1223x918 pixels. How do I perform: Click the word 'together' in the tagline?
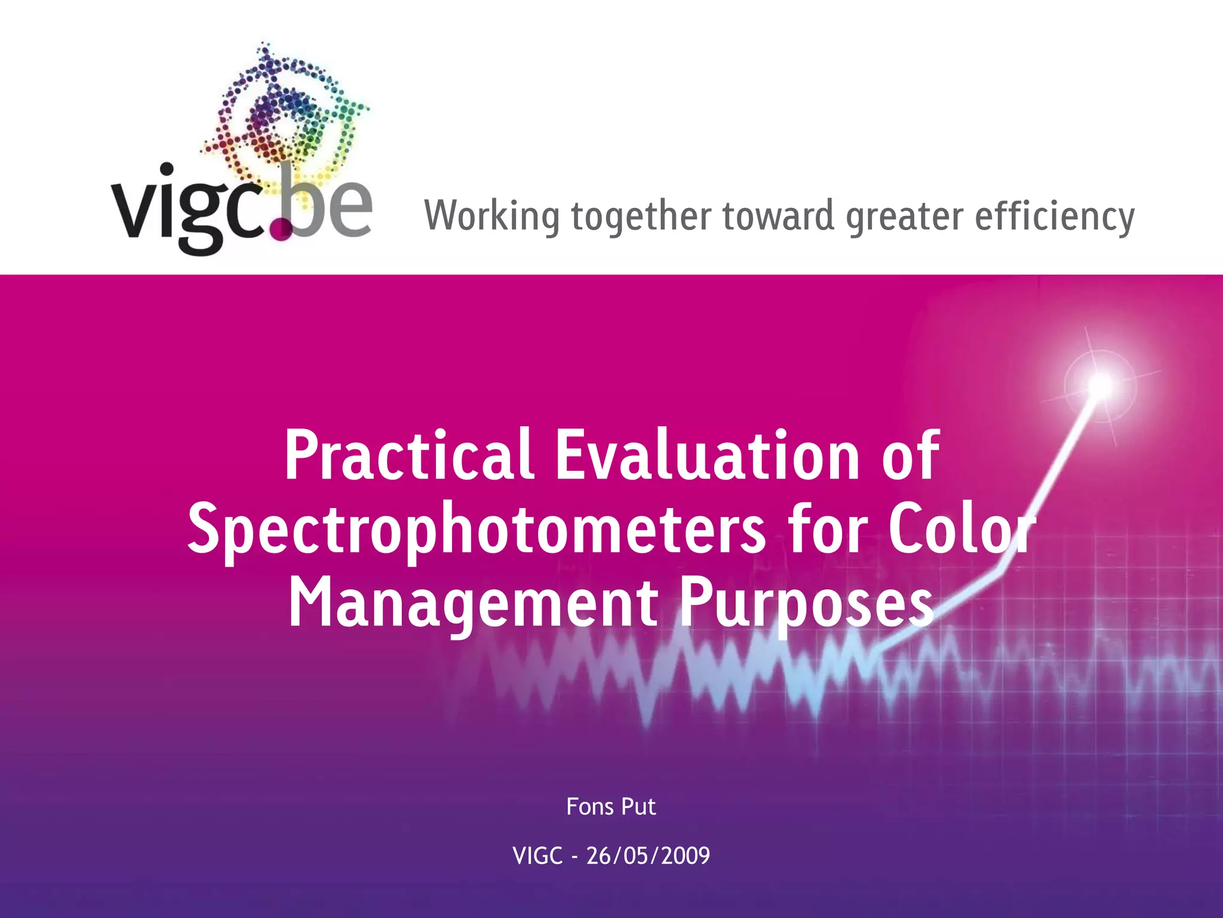click(x=641, y=216)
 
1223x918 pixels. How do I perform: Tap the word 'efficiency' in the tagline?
click(x=1055, y=216)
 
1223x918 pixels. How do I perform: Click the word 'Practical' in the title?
click(x=408, y=456)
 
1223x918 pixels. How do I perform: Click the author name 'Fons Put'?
click(x=611, y=807)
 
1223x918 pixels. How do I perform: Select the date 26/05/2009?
click(x=648, y=856)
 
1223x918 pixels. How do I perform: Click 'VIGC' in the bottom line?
click(x=537, y=856)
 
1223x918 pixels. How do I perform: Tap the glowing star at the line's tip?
click(x=1101, y=384)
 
